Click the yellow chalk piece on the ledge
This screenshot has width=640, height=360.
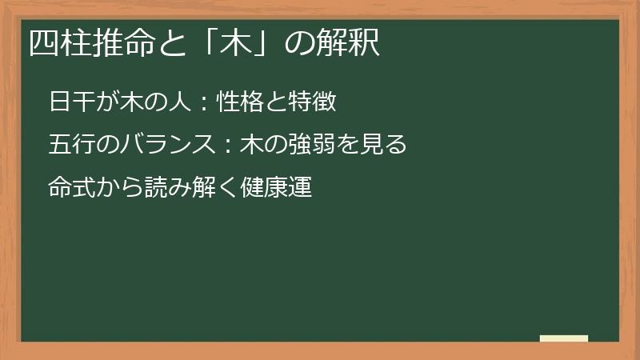pos(564,338)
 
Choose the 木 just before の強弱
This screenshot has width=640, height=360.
pos(250,146)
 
